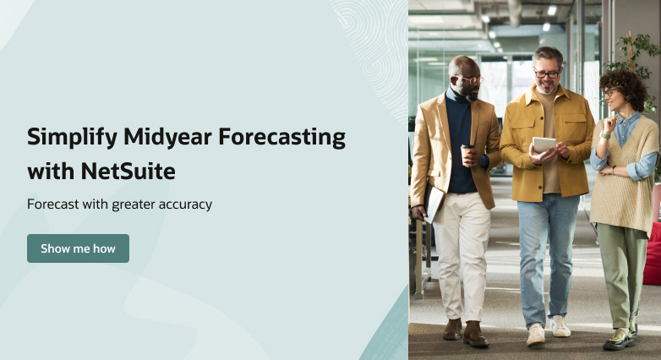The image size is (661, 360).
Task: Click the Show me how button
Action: pyautogui.click(x=78, y=248)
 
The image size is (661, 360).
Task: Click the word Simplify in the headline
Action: pyautogui.click(x=72, y=138)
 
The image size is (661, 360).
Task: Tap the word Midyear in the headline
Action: pyautogui.click(x=167, y=138)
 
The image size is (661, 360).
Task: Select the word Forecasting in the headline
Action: pyautogui.click(x=282, y=138)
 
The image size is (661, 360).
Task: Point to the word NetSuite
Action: pyautogui.click(x=128, y=172)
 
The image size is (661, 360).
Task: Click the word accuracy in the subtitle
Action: pyautogui.click(x=185, y=205)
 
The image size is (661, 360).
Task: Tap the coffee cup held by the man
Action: pyautogui.click(x=467, y=155)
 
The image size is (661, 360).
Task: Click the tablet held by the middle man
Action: pyautogui.click(x=544, y=145)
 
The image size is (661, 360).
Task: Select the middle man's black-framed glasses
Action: pyautogui.click(x=547, y=74)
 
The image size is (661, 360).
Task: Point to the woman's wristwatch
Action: pyautogui.click(x=605, y=135)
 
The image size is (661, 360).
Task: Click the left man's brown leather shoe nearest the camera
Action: pyautogui.click(x=475, y=335)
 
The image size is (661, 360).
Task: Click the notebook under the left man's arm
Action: pyautogui.click(x=434, y=203)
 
